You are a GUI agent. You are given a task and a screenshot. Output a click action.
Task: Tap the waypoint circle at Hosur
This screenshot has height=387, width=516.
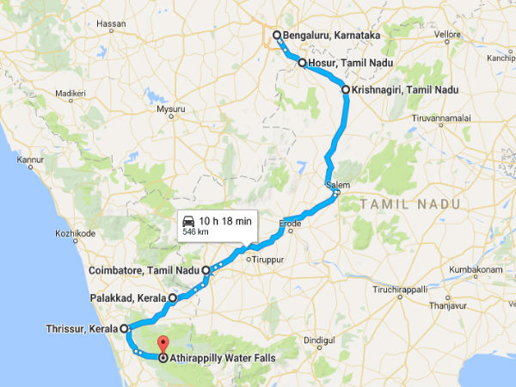coord(302,63)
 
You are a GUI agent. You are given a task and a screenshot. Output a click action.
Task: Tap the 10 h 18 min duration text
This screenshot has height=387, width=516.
coord(225,221)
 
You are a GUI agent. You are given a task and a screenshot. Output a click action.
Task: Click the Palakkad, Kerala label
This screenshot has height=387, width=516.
coord(128,298)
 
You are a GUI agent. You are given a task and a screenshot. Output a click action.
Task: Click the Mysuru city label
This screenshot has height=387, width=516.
coord(170,109)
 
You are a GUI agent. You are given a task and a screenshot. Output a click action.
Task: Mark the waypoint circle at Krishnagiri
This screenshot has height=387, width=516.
coord(345,89)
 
